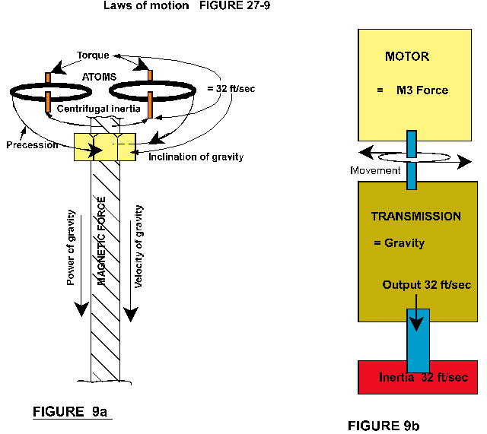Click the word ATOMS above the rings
(x=100, y=76)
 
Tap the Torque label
(x=94, y=56)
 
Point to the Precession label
(x=31, y=144)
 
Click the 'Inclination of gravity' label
(x=196, y=157)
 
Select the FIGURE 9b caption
(x=384, y=425)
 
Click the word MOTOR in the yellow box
(x=407, y=56)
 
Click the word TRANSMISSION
(x=415, y=217)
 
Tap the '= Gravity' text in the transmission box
(x=399, y=243)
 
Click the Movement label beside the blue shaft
(x=375, y=170)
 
